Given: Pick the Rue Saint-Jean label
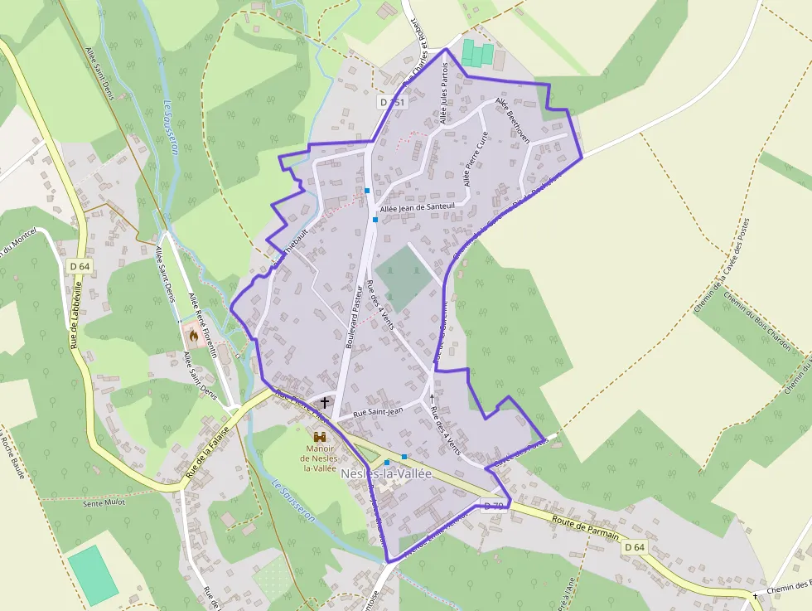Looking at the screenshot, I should (378, 410).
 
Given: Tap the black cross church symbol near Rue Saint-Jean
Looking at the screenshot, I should (325, 403).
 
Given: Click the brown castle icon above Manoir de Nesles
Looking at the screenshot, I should (320, 435).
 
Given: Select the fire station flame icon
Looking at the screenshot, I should (193, 336).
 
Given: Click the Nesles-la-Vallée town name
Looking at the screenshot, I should (386, 473).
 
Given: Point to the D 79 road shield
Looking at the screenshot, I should (493, 506).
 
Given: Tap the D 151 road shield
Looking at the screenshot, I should (392, 102).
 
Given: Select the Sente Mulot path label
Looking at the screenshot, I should (104, 502).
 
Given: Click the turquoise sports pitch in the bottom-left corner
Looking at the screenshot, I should (93, 575).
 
